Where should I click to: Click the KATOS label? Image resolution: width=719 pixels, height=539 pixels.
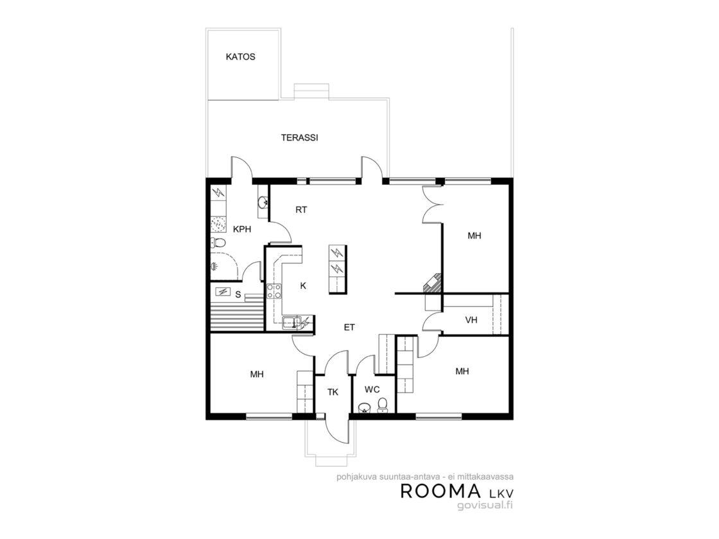click(240, 57)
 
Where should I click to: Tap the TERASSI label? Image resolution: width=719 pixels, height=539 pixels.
click(299, 137)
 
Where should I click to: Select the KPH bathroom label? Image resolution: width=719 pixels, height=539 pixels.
click(242, 229)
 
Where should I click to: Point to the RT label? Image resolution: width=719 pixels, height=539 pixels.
click(301, 210)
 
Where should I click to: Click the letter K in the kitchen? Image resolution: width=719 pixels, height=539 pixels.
click(303, 286)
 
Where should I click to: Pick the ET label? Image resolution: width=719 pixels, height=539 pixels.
click(349, 327)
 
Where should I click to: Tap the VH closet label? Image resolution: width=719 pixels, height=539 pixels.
click(471, 320)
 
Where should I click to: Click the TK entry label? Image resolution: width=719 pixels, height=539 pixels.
click(333, 392)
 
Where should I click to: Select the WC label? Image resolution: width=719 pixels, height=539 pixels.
click(372, 389)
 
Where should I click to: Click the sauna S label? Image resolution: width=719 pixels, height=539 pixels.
click(238, 295)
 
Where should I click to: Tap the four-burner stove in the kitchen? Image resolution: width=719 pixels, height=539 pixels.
click(274, 291)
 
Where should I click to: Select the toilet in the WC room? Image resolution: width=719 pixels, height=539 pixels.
click(382, 405)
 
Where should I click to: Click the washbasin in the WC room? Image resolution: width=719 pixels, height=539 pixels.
click(364, 407)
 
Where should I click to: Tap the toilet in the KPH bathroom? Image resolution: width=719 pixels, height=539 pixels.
click(218, 243)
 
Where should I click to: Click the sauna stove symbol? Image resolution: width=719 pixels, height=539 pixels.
click(223, 291)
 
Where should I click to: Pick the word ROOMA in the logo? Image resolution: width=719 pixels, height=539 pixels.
click(440, 491)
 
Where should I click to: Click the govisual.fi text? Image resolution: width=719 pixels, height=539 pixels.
click(485, 505)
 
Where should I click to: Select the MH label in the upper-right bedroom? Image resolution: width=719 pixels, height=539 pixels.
click(474, 236)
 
